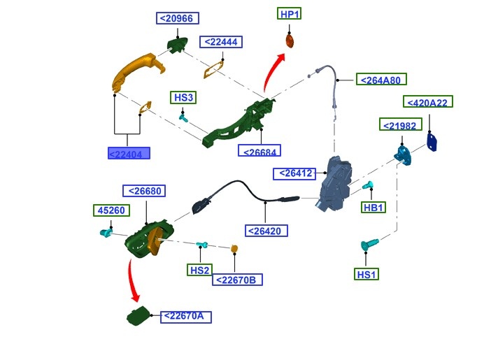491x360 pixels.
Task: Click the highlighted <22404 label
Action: (129, 153)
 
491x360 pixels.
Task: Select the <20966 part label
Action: (178, 19)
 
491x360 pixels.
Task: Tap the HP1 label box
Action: (290, 14)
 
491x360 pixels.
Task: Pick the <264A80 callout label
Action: (382, 80)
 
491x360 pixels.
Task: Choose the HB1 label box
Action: (373, 208)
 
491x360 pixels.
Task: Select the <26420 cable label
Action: (266, 230)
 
